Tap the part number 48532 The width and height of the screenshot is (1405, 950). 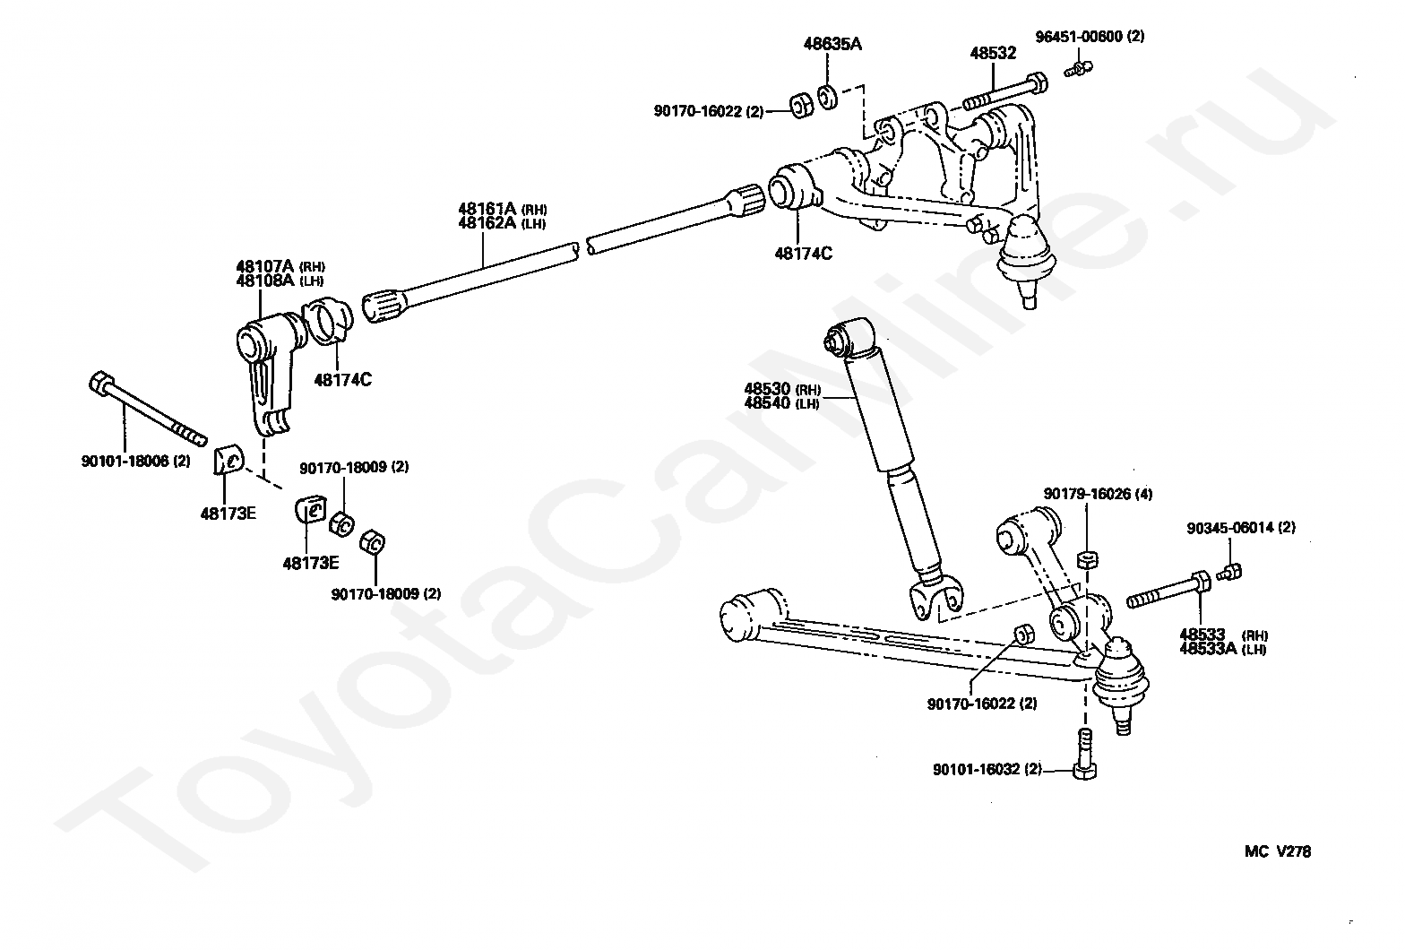993,53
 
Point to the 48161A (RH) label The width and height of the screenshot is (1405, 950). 503,210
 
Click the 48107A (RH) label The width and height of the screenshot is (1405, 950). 280,266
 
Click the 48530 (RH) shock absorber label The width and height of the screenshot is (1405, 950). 781,390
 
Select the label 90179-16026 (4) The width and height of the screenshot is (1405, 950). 1098,494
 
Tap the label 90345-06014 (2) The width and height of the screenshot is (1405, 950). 1241,528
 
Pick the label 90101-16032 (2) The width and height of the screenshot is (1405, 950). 987,769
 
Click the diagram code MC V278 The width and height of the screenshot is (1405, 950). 1276,851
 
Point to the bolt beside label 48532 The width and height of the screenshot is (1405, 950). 1004,91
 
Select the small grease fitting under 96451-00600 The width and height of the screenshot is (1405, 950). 1078,66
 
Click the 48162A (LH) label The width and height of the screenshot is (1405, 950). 502,223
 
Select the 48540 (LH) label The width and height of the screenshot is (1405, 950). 781,403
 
